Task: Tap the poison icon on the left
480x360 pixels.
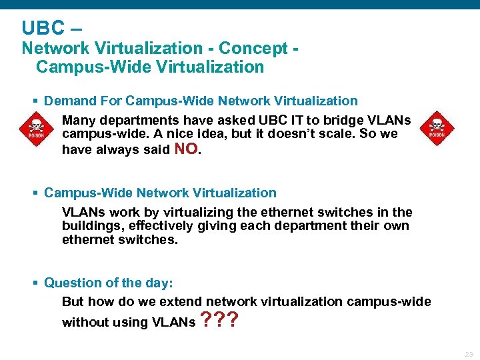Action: pyautogui.click(x=31, y=129)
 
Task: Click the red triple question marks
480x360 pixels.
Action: pyautogui.click(x=221, y=321)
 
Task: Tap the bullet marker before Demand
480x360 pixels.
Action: pyautogui.click(x=35, y=101)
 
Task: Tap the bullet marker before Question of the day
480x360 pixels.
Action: pyautogui.click(x=35, y=283)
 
